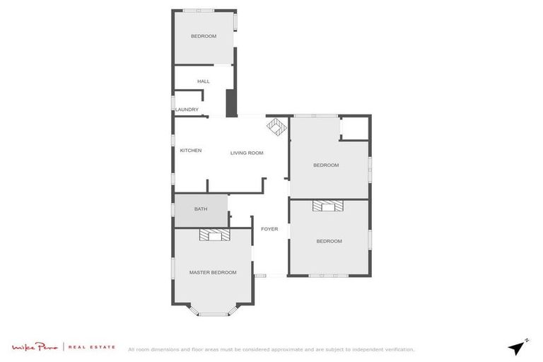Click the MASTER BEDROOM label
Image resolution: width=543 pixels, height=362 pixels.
(x=212, y=272)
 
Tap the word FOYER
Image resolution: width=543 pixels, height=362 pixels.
(x=269, y=229)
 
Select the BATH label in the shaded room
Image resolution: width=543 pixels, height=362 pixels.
(x=201, y=209)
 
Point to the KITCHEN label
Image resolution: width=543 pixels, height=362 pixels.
(x=191, y=151)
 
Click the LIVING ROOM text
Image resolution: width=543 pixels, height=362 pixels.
(x=247, y=153)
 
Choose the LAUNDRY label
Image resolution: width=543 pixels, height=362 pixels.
(x=187, y=110)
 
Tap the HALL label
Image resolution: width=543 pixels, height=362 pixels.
(x=204, y=81)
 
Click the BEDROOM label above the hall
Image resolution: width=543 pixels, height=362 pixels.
(x=204, y=36)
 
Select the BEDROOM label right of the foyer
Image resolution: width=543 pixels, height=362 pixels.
(x=329, y=241)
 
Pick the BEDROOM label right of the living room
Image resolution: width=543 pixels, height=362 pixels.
(x=326, y=165)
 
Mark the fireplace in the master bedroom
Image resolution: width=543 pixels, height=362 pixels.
(x=214, y=235)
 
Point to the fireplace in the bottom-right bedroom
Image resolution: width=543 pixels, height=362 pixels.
(x=328, y=206)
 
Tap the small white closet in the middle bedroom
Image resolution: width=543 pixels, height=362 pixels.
(x=354, y=128)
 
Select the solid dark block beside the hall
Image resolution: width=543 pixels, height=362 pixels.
(x=230, y=103)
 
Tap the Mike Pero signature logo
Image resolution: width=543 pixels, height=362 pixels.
(x=36, y=347)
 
